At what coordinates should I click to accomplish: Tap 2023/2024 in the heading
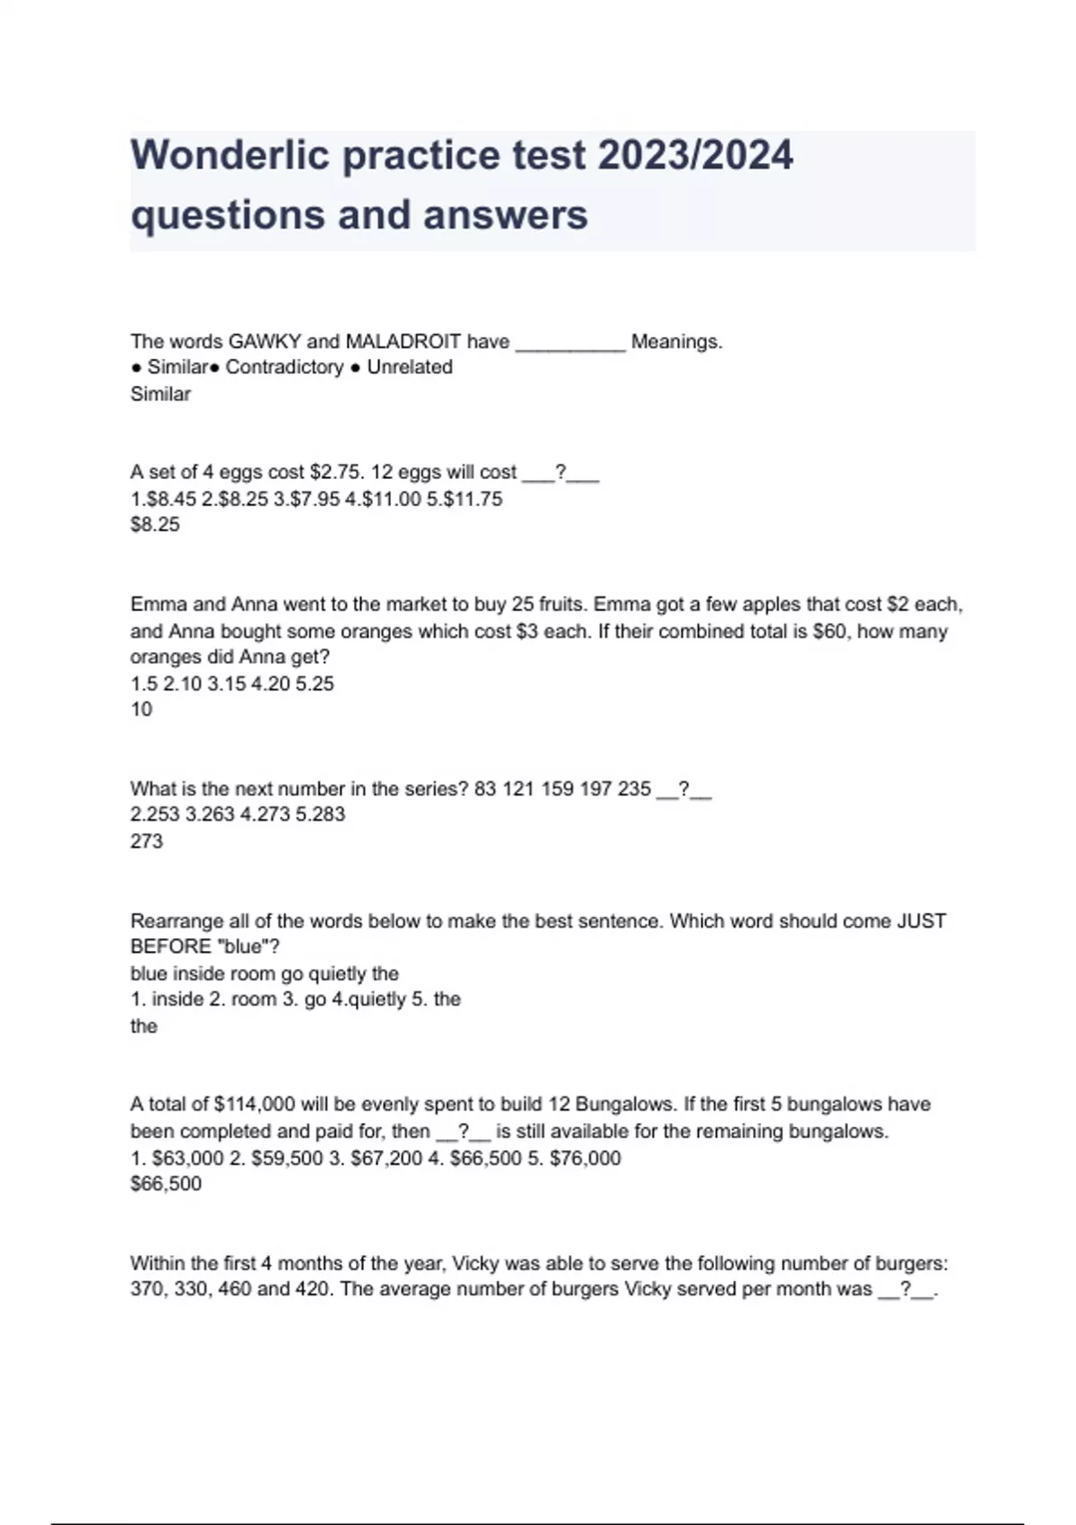(695, 155)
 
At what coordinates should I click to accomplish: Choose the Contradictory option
(284, 368)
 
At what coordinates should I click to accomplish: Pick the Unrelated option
(409, 368)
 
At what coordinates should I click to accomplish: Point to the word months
(308, 1264)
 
